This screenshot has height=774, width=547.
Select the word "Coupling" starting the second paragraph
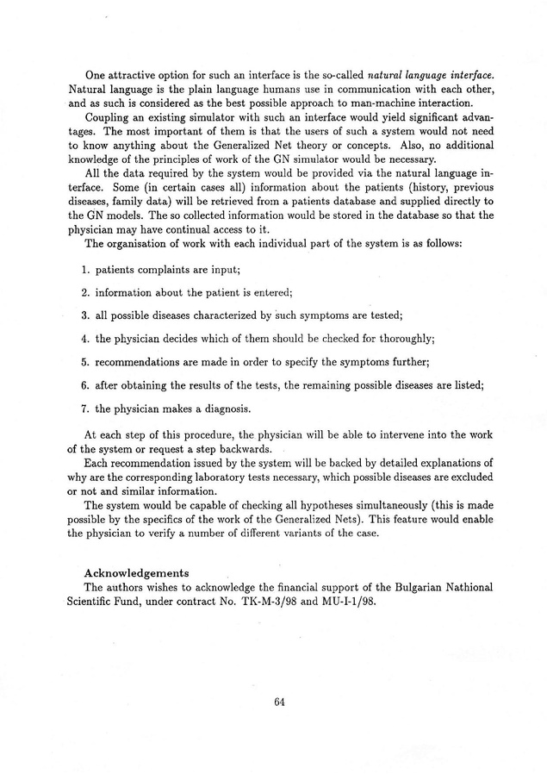108,116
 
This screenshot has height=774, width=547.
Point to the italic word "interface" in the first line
469,76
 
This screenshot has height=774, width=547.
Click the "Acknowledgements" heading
137,573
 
